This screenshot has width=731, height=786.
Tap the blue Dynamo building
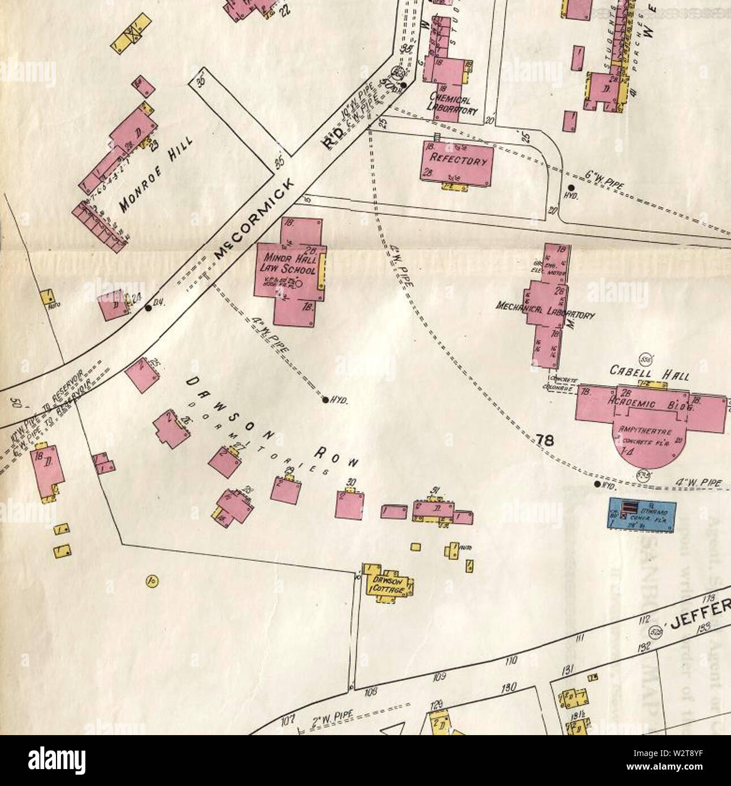[641, 514]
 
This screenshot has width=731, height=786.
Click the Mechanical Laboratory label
[544, 310]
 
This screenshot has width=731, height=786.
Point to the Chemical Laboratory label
[453, 104]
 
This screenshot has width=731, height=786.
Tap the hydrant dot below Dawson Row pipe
[325, 400]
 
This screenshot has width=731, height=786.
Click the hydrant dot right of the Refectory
[572, 187]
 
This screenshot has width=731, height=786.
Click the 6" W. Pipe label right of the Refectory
[604, 182]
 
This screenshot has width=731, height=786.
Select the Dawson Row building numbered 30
[349, 504]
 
